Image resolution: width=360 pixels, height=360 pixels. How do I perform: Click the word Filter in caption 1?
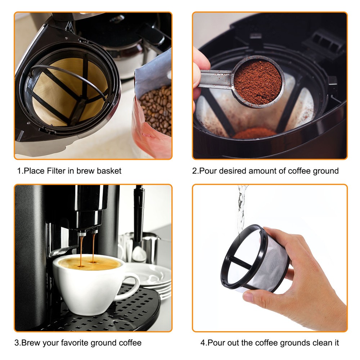(x=56, y=171)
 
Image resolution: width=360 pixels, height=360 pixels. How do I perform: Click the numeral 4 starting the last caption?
(x=203, y=342)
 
